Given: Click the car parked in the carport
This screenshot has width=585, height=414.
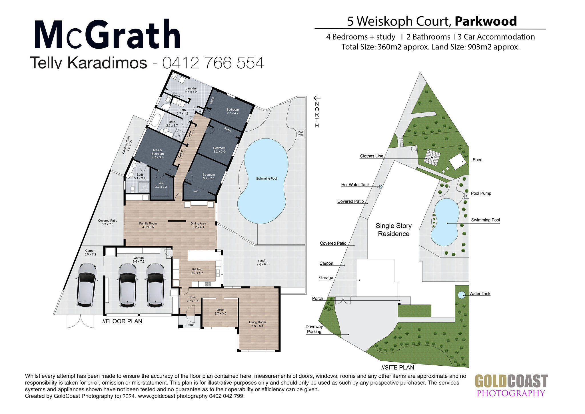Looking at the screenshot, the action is (86, 285).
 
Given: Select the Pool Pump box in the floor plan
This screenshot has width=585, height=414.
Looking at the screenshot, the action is (300, 134).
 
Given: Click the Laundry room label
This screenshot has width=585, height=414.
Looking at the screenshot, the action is (191, 90).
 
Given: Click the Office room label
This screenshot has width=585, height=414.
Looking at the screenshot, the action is (220, 312).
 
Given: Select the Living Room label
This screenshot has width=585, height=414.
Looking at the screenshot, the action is (257, 324).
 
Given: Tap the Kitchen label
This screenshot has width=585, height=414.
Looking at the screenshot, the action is (197, 271).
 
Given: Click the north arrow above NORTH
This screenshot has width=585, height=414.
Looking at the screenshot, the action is (317, 98).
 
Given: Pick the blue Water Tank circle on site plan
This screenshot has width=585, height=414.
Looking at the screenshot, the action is (461, 294).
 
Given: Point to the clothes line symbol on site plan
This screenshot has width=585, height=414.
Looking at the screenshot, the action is (432, 157).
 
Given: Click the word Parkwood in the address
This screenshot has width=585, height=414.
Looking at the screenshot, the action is (486, 21).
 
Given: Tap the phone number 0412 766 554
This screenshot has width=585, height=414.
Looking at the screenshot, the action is (213, 63).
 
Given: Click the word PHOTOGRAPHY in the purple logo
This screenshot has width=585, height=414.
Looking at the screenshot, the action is (511, 393).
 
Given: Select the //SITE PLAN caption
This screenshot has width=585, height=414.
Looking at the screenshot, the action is (398, 367).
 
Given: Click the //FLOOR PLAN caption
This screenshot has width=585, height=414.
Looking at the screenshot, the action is (122, 321).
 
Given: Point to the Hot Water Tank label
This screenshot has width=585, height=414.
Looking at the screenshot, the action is (355, 185).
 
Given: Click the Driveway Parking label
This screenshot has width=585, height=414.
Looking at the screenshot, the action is (314, 329).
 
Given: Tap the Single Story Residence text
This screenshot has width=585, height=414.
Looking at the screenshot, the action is (394, 230).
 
